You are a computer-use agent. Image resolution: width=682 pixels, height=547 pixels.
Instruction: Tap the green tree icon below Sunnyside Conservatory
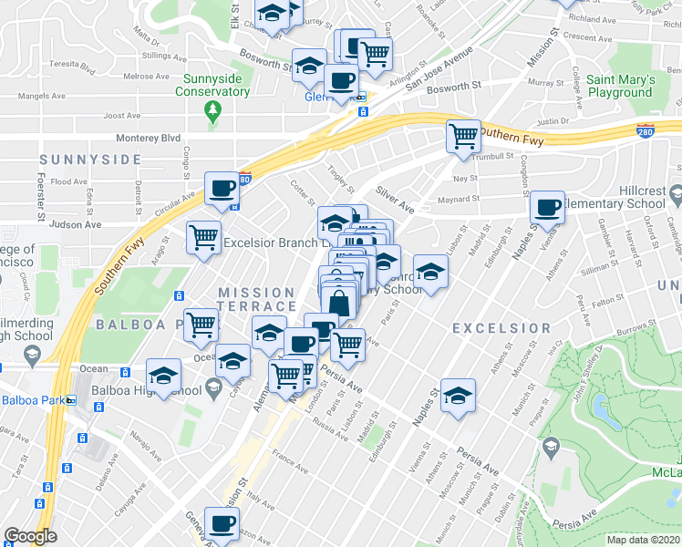[213, 111]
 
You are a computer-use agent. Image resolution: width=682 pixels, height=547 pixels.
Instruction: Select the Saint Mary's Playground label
[620, 86]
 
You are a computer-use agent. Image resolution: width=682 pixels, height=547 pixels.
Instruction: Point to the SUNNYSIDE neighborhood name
[90, 160]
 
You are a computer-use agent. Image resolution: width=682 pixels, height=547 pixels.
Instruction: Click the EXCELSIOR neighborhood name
[501, 328]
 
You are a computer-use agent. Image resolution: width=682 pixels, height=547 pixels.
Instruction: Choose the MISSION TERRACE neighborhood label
[256, 299]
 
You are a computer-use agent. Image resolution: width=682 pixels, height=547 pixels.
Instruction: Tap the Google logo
[30, 536]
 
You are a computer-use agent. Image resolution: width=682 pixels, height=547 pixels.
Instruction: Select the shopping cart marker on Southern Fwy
[463, 136]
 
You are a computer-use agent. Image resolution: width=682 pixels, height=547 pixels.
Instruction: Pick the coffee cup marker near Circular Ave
[222, 188]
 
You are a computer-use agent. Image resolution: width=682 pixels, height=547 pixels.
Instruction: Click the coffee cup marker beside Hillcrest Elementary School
[548, 207]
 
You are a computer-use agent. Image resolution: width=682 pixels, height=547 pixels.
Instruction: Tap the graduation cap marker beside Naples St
[459, 394]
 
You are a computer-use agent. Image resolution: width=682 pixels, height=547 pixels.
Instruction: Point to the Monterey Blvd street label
[148, 138]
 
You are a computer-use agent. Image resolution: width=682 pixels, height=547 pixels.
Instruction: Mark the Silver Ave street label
[394, 201]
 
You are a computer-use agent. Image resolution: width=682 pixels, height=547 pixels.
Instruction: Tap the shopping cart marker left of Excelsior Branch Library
[203, 237]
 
